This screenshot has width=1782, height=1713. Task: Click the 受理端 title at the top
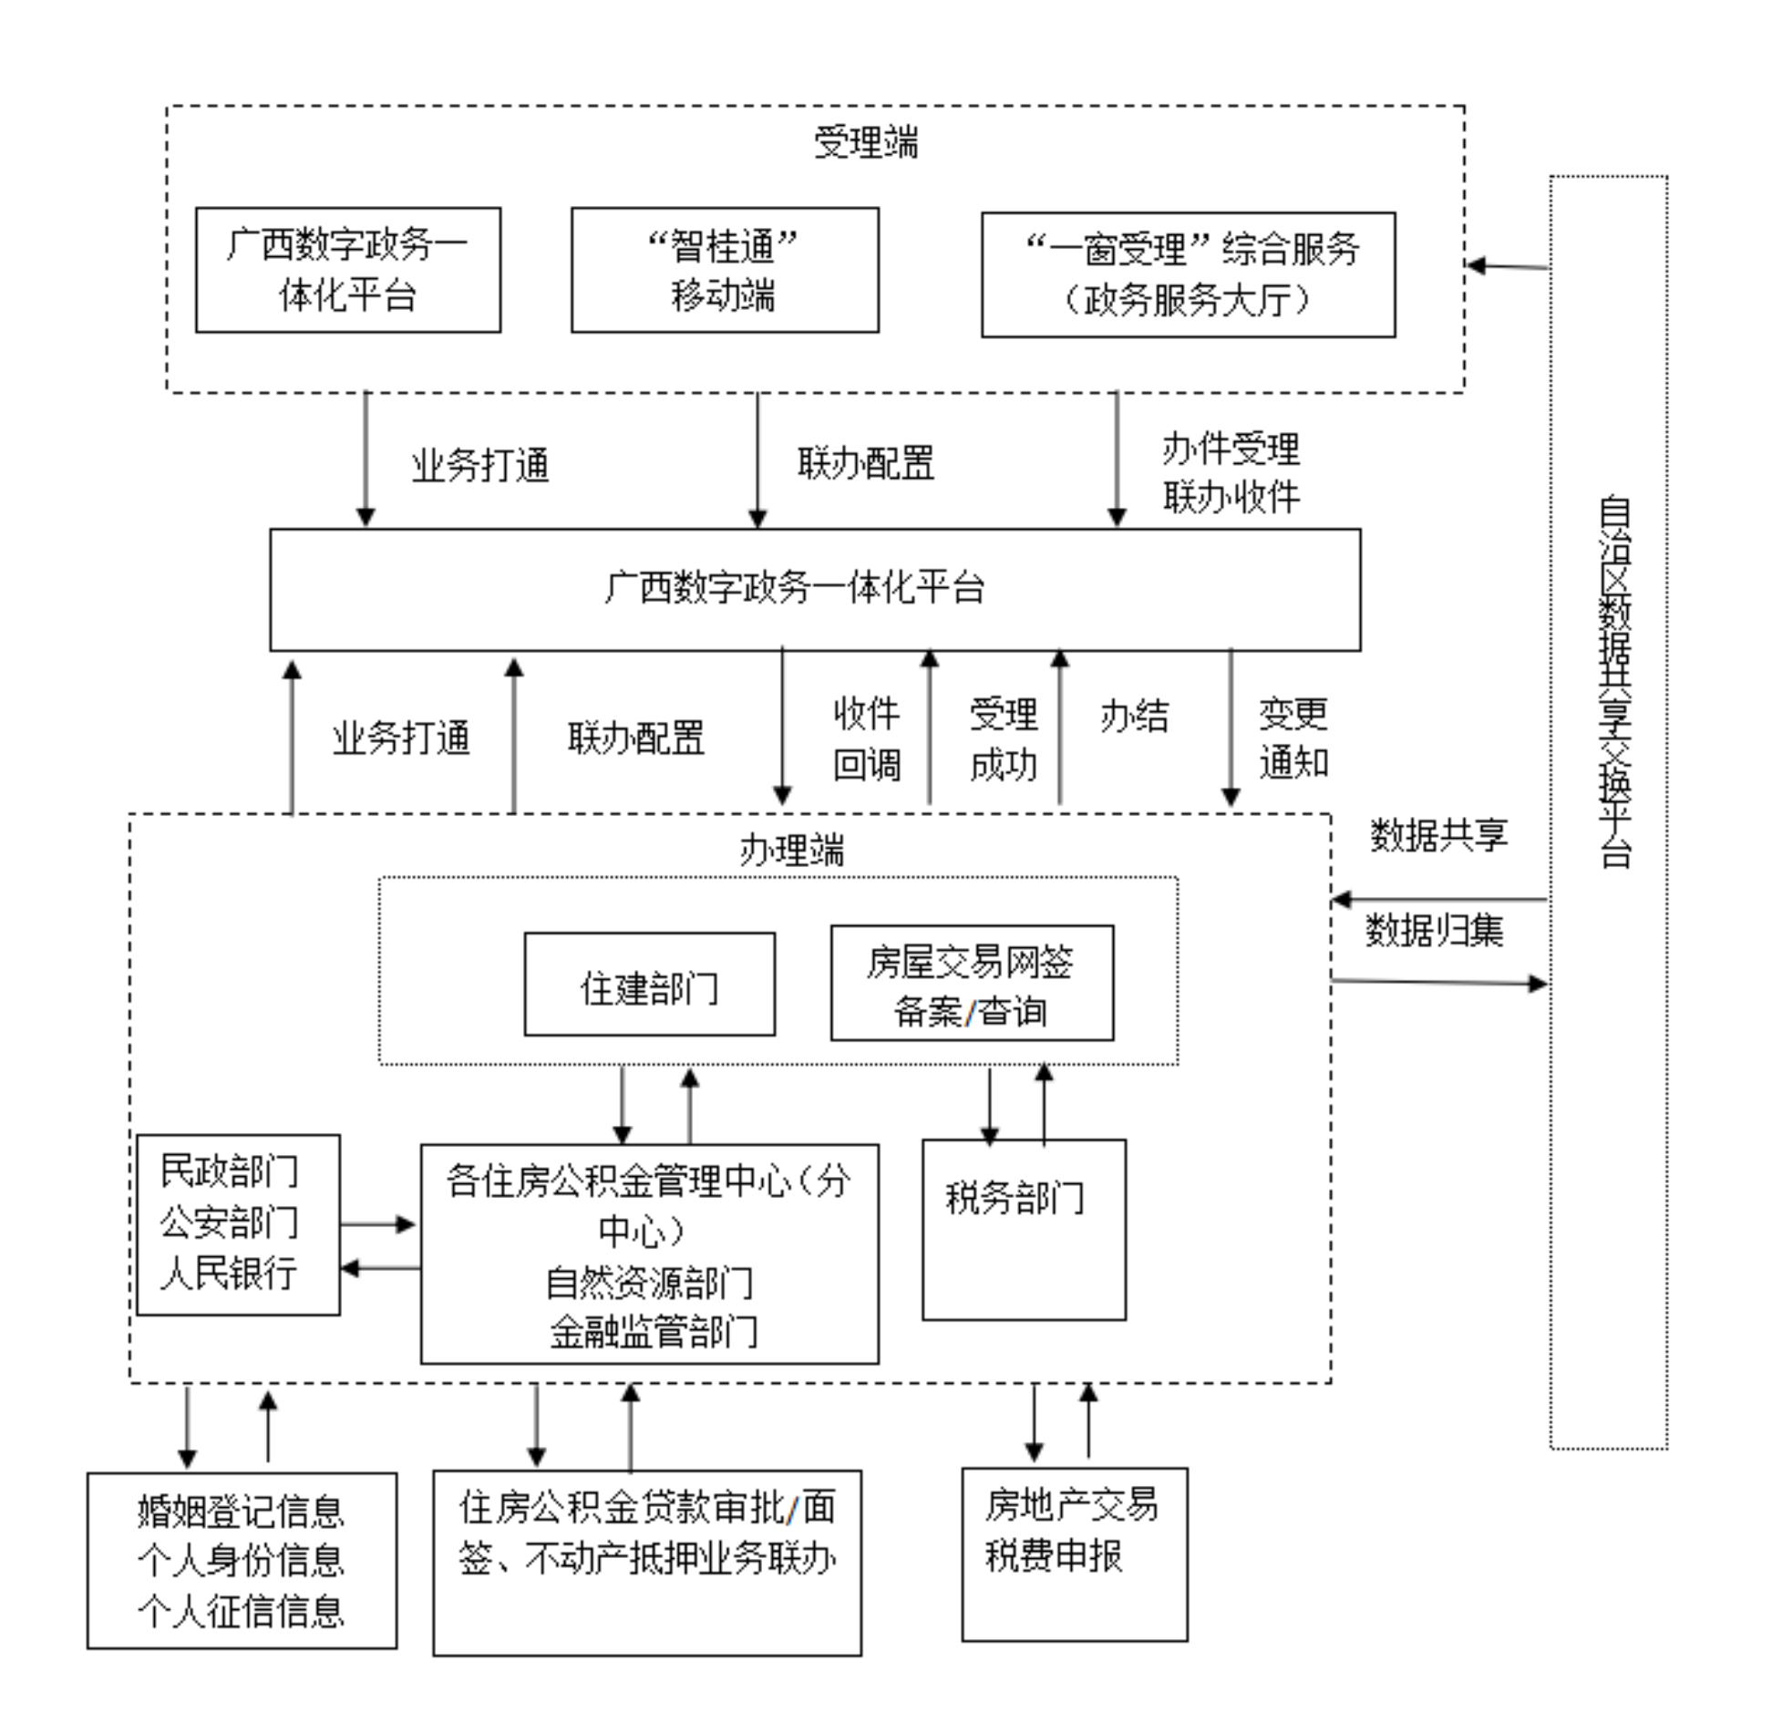(x=865, y=143)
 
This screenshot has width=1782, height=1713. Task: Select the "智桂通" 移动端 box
(x=725, y=270)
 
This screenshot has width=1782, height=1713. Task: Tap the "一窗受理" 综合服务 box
(x=1188, y=274)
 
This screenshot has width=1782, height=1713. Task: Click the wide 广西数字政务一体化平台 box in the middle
(x=815, y=589)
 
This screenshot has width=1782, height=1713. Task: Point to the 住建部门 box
(x=649, y=985)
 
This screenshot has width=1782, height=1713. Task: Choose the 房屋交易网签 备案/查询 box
(x=972, y=984)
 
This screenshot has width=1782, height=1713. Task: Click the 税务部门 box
(x=1024, y=1229)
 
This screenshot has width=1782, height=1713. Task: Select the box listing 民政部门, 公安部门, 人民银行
(x=238, y=1224)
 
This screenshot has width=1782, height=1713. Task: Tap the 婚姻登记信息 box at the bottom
(x=242, y=1560)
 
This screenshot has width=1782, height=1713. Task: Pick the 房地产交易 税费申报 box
(x=1074, y=1554)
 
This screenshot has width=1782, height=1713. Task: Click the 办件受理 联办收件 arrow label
(x=1231, y=473)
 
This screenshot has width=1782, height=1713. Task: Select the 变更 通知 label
(x=1293, y=738)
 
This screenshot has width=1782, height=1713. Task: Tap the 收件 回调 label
(x=866, y=738)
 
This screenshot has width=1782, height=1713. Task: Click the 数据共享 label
(x=1438, y=835)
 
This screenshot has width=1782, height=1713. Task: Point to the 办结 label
(x=1134, y=717)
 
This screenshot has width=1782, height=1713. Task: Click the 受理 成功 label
(x=1003, y=738)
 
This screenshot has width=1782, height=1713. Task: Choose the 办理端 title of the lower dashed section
(x=791, y=851)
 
